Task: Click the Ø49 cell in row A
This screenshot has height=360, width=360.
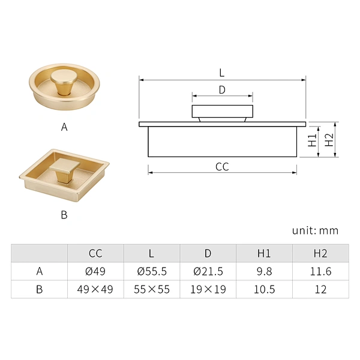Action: point(95,271)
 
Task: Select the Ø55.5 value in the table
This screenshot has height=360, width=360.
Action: point(152,271)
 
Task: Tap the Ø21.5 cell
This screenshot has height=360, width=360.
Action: point(208,271)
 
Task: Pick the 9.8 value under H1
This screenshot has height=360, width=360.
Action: point(264,271)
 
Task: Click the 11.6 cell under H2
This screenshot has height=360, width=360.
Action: point(320,271)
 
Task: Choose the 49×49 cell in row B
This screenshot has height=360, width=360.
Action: point(95,289)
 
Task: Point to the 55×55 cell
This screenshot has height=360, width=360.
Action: point(152,289)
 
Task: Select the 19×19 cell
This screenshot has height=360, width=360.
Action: point(208,289)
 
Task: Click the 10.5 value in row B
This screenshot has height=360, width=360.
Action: point(264,289)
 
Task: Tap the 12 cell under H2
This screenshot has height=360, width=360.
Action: point(320,289)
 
